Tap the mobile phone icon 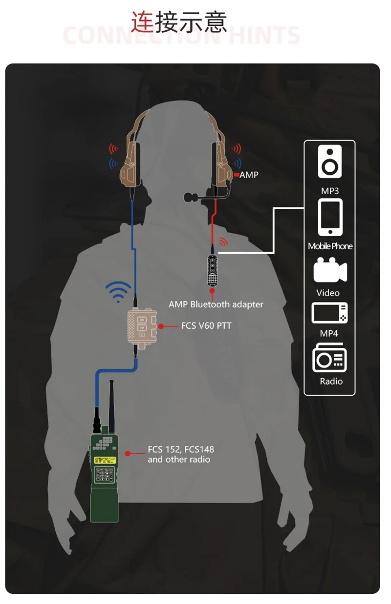click(x=330, y=217)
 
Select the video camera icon click(x=330, y=271)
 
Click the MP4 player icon click(x=330, y=313)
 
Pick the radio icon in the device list click(x=330, y=359)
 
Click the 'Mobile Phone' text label click(x=330, y=246)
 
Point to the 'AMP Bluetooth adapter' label click(x=216, y=304)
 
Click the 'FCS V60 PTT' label click(x=206, y=325)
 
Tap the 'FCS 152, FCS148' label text click(x=181, y=449)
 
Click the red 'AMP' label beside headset click(x=249, y=175)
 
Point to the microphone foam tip click(x=190, y=197)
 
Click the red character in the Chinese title click(x=142, y=22)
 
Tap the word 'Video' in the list click(x=327, y=293)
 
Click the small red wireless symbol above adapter click(x=223, y=242)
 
